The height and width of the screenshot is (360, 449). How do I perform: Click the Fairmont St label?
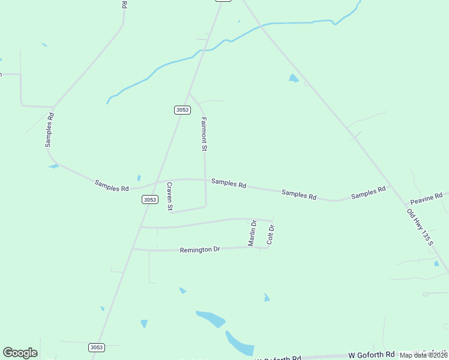pyautogui.click(x=204, y=134)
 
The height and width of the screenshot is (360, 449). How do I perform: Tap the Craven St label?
pyautogui.click(x=170, y=196)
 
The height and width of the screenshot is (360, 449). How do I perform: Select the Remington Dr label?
pyautogui.click(x=200, y=249)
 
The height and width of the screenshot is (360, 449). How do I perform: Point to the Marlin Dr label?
pyautogui.click(x=253, y=232)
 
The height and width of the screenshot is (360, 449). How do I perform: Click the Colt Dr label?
pyautogui.click(x=271, y=234)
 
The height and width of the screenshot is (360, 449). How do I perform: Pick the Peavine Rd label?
pyautogui.click(x=426, y=197)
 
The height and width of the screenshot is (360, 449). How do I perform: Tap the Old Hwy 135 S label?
pyautogui.click(x=419, y=226)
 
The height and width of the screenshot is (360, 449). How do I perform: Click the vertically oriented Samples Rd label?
pyautogui.click(x=50, y=129)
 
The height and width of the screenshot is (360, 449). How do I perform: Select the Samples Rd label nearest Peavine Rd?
pyautogui.click(x=368, y=193)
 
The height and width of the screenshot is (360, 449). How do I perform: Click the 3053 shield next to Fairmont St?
pyautogui.click(x=182, y=110)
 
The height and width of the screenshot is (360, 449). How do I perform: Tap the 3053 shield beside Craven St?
pyautogui.click(x=150, y=200)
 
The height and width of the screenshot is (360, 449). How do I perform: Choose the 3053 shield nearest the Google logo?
pyautogui.click(x=96, y=347)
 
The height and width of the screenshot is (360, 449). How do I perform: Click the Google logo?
pyautogui.click(x=20, y=353)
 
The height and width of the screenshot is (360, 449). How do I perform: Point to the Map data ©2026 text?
pyautogui.click(x=423, y=355)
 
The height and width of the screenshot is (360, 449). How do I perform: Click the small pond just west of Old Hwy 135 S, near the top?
pyautogui.click(x=294, y=78)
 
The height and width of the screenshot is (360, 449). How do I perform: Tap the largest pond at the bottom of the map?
pyautogui.click(x=239, y=344)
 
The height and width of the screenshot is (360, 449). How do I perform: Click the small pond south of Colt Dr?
pyautogui.click(x=267, y=298)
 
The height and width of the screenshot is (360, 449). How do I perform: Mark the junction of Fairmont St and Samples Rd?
pyautogui.click(x=205, y=179)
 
